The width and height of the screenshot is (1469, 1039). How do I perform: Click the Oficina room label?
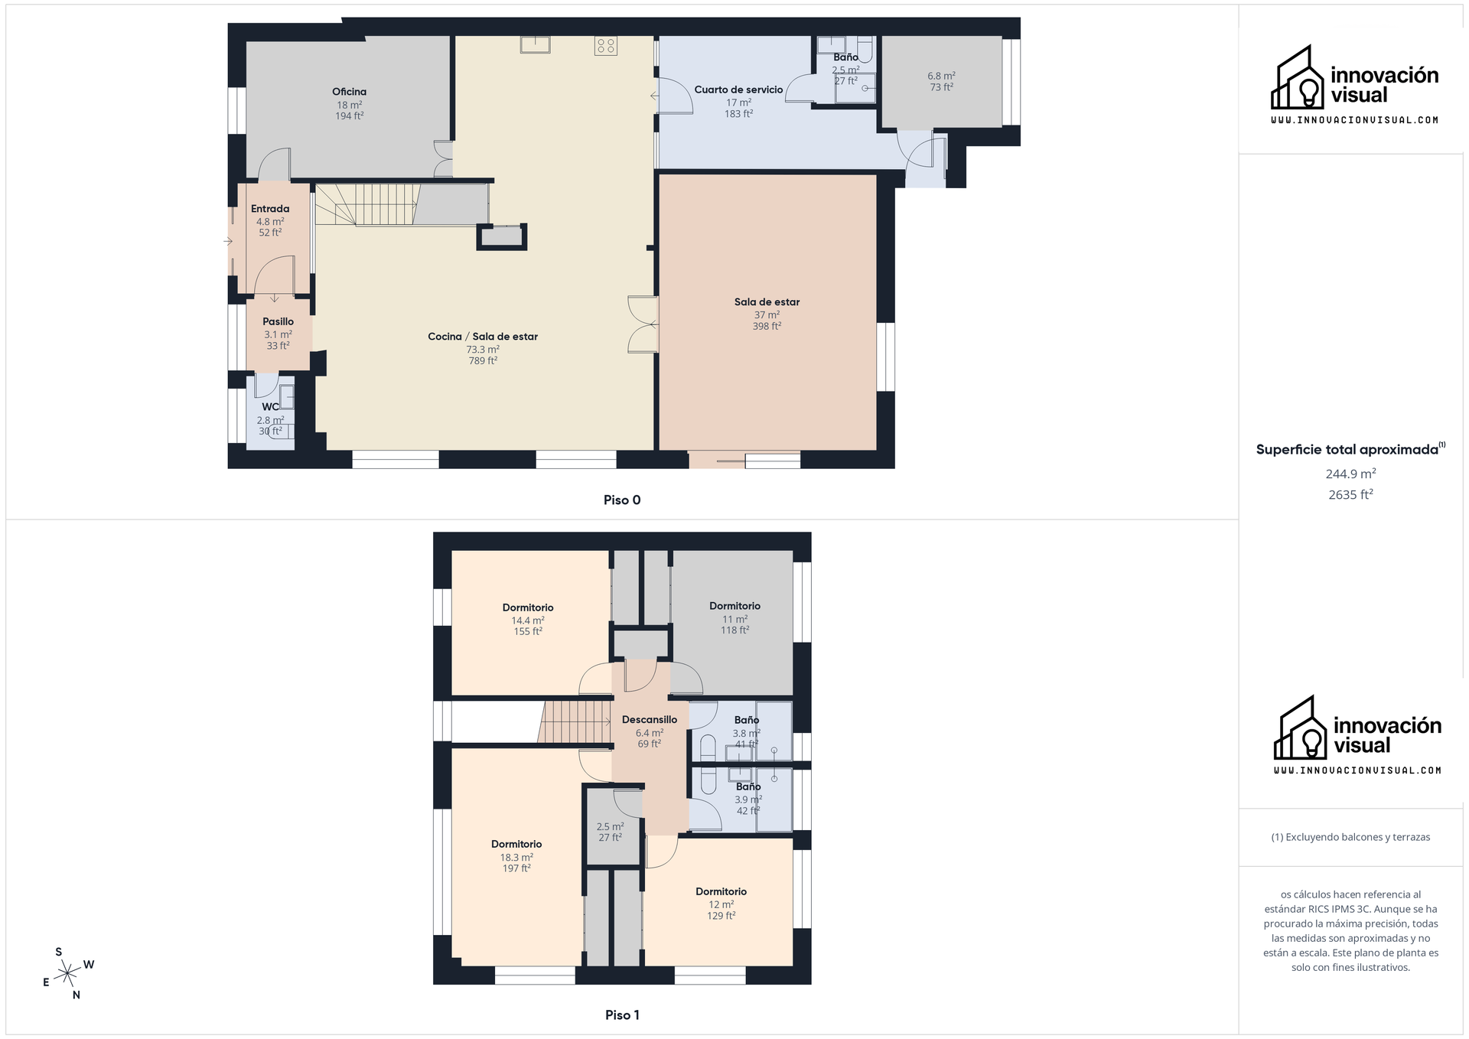click(x=349, y=92)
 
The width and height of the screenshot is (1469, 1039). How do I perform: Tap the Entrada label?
click(x=270, y=209)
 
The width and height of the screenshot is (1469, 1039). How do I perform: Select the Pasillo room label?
click(x=278, y=321)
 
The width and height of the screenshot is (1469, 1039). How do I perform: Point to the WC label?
click(x=270, y=407)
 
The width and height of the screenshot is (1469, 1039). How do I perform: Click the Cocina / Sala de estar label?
click(x=483, y=337)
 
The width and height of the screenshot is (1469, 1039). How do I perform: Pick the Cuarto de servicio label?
click(x=738, y=90)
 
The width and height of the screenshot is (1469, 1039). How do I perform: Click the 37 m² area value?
click(x=767, y=314)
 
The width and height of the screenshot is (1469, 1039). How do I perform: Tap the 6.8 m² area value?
click(x=941, y=76)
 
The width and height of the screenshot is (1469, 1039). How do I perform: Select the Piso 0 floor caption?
click(x=622, y=500)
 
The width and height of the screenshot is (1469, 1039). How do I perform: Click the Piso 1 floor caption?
click(x=622, y=1015)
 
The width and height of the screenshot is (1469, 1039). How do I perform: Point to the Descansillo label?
click(x=650, y=720)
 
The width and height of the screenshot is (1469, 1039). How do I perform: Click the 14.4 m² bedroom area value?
click(x=528, y=620)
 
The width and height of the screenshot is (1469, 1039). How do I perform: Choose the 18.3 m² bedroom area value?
click(x=516, y=858)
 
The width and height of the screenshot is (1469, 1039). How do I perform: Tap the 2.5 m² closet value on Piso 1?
click(x=610, y=826)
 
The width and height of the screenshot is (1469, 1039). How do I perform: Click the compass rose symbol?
click(x=69, y=973)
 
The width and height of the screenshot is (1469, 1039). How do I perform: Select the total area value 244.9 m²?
click(x=1350, y=474)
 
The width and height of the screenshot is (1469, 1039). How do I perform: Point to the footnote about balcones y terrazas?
click(x=1350, y=837)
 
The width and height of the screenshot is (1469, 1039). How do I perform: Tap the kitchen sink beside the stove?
click(x=535, y=44)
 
